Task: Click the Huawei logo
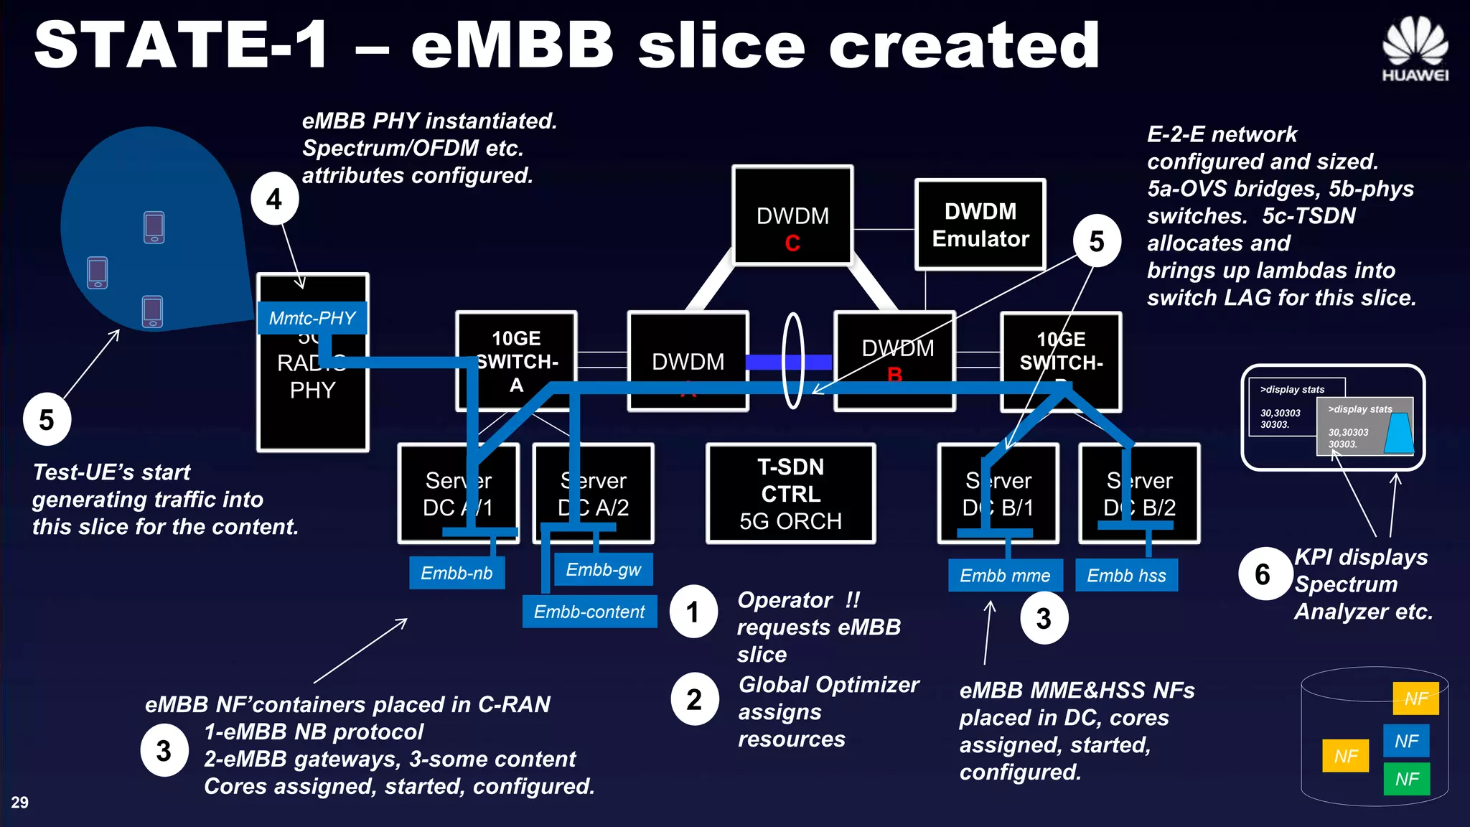[x=1415, y=48]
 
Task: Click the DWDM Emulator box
[x=980, y=225]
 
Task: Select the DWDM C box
[x=792, y=215]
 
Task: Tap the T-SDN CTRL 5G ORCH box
[x=790, y=493]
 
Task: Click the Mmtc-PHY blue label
[x=312, y=318]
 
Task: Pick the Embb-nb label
[x=457, y=573]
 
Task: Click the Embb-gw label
[x=603, y=569]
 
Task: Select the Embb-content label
[x=589, y=612]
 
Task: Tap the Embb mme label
[x=1004, y=575]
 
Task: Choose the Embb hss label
[x=1126, y=575]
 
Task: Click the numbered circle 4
[x=274, y=199]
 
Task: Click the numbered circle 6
[x=1263, y=574]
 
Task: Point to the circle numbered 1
[x=693, y=612]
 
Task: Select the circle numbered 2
[x=694, y=699]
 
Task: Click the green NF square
[x=1406, y=779]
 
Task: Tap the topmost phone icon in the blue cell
[x=154, y=228]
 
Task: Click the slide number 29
[x=19, y=803]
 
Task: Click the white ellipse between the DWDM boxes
[x=792, y=361]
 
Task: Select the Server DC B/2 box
[x=1139, y=493]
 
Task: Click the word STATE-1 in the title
[x=181, y=45]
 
